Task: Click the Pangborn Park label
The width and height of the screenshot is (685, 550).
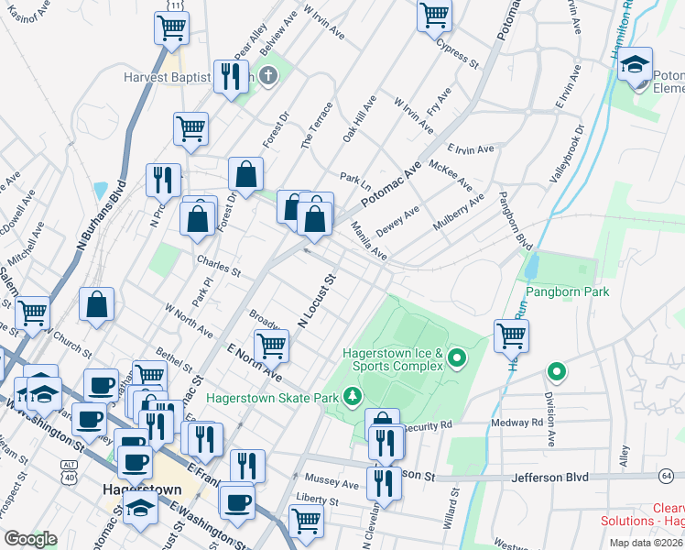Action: pyautogui.click(x=567, y=291)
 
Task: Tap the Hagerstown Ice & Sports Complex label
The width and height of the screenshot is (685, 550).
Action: pyautogui.click(x=393, y=360)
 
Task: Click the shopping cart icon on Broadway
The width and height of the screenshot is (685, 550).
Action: pyautogui.click(x=271, y=346)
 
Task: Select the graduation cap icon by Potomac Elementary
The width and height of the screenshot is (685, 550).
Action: pyautogui.click(x=634, y=65)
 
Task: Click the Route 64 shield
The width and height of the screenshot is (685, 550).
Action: pyautogui.click(x=666, y=475)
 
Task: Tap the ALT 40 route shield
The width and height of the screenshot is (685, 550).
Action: pyautogui.click(x=69, y=469)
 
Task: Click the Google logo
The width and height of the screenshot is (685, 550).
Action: pyautogui.click(x=30, y=539)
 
